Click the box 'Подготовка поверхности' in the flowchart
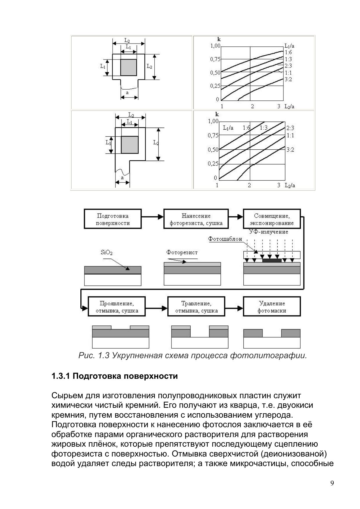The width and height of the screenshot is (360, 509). point(113,219)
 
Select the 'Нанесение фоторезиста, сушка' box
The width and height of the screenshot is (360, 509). point(196,219)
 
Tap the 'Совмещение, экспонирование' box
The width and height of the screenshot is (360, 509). point(272,219)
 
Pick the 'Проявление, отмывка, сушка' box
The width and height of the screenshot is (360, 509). point(117,307)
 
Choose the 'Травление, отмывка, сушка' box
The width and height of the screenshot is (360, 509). point(196,307)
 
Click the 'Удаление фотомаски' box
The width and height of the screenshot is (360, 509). point(272,307)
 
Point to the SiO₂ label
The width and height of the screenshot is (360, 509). point(106,252)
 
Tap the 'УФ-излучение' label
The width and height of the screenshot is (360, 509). point(269,232)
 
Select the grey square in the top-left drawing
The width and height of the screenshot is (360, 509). point(129,68)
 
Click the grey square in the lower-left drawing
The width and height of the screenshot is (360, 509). point(130,144)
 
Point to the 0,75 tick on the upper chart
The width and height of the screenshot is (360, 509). point(215,59)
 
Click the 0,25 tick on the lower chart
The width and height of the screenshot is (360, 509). point(213,164)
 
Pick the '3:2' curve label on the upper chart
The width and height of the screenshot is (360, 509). point(288,79)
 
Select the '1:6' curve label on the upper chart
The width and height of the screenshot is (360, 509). point(288,52)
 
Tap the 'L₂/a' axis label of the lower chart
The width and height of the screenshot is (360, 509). point(290,185)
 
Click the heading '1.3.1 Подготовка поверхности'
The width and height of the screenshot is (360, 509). point(114,376)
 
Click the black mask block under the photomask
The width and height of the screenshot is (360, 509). point(272,260)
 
